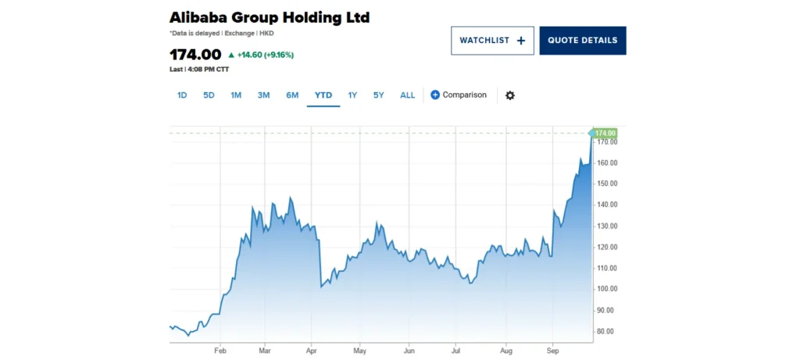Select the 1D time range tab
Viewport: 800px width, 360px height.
(182, 95)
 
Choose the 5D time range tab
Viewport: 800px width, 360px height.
(209, 95)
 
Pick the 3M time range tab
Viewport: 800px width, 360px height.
(263, 95)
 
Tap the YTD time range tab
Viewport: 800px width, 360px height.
(323, 95)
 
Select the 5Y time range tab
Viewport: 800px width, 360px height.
(379, 95)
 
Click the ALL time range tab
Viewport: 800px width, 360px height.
(408, 95)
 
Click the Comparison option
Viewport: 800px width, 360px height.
(459, 95)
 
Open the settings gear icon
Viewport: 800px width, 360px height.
(510, 95)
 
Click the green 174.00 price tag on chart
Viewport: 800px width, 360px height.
(605, 134)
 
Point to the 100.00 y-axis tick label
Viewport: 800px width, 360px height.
(607, 289)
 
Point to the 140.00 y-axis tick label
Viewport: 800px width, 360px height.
(607, 205)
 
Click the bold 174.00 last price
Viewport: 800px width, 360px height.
(195, 55)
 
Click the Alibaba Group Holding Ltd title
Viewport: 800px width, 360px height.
(270, 17)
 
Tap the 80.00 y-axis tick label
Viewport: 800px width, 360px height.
(607, 331)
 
